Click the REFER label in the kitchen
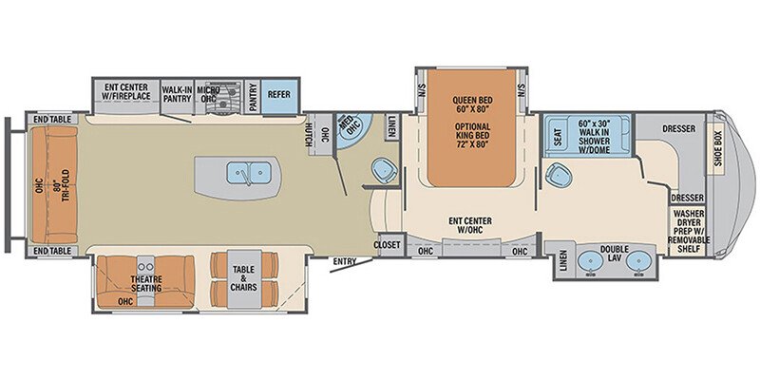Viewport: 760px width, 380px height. coord(279,95)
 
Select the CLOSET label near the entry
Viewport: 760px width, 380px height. coord(388,244)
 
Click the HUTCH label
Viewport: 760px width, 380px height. coord(311,135)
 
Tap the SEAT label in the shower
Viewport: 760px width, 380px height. coord(556,136)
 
